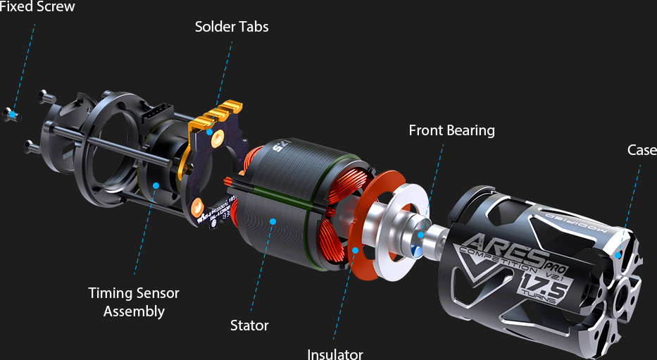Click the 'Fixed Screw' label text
pyautogui.click(x=37, y=7)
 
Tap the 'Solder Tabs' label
pyautogui.click(x=232, y=27)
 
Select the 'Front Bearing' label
pyautogui.click(x=451, y=130)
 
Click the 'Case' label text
pyautogui.click(x=642, y=150)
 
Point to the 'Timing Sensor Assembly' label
pyautogui.click(x=134, y=302)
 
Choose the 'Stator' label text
pyautogui.click(x=249, y=325)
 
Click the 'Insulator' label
pyautogui.click(x=335, y=354)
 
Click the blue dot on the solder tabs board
pyautogui.click(x=210, y=132)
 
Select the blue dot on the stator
pyautogui.click(x=273, y=221)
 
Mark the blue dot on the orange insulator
pyautogui.click(x=355, y=250)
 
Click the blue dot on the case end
pyautogui.click(x=618, y=255)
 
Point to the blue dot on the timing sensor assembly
pyautogui.click(x=156, y=185)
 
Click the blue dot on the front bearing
pyautogui.click(x=420, y=235)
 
